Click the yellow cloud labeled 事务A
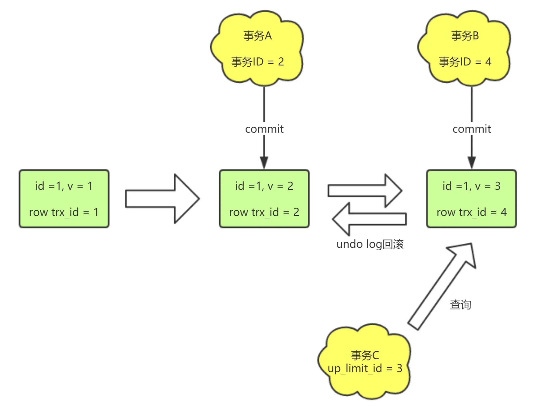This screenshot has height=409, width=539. [x=257, y=48]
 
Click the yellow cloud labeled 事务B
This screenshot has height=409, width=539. [x=464, y=48]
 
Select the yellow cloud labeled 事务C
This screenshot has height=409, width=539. [x=365, y=362]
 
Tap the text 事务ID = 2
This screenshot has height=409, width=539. [x=258, y=62]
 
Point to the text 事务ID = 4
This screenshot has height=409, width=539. [x=465, y=62]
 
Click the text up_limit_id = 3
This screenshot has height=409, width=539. [x=365, y=368]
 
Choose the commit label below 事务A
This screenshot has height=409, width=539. [x=264, y=129]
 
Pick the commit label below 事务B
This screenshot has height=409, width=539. [x=472, y=129]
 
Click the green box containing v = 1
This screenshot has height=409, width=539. [x=64, y=199]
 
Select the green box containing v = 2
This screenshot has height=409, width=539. [x=264, y=199]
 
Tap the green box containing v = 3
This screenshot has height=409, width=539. [x=471, y=199]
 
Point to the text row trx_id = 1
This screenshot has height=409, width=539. [x=64, y=212]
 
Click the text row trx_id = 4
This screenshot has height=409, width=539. [x=471, y=212]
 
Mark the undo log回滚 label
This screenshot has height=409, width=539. [x=370, y=244]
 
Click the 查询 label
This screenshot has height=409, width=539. [x=460, y=305]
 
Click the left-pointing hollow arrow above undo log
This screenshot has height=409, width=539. [x=369, y=219]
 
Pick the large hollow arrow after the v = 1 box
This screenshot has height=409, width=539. [x=162, y=199]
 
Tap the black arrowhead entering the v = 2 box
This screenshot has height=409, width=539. [x=264, y=163]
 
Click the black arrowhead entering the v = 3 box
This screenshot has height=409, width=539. [x=472, y=163]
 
